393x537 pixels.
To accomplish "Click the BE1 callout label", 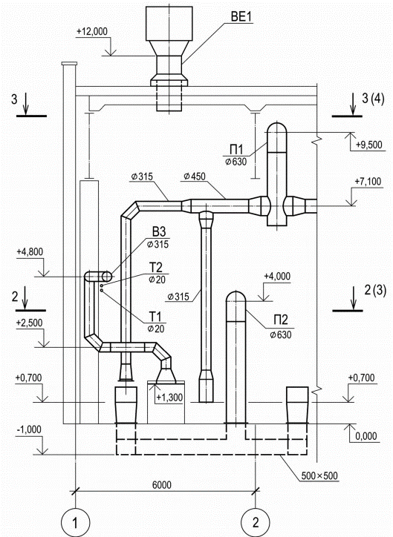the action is [242, 16].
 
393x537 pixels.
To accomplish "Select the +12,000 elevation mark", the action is [92, 31].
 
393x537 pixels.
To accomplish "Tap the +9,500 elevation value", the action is [368, 145].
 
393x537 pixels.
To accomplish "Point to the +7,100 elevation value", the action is [368, 181].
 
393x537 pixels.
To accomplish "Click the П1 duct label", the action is [236, 150].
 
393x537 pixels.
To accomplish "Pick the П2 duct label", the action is [281, 320].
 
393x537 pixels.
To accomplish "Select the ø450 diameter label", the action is [195, 177].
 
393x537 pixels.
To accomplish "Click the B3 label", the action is [159, 232].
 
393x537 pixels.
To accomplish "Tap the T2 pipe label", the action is [155, 267].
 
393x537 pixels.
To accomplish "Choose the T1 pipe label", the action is [155, 316].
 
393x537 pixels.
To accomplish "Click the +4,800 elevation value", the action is [30, 252].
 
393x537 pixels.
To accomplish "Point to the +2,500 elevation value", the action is [30, 323].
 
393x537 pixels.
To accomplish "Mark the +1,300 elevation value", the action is [169, 398].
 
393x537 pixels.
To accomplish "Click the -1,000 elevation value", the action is [29, 429].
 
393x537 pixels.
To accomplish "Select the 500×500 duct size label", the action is [319, 475].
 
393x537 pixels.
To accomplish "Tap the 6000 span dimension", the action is [161, 485].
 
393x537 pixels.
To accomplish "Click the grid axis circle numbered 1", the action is [75, 523].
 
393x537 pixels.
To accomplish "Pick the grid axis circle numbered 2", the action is [256, 523].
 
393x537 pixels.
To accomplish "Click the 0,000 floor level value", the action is [366, 436].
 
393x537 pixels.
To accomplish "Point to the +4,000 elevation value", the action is [277, 277].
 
